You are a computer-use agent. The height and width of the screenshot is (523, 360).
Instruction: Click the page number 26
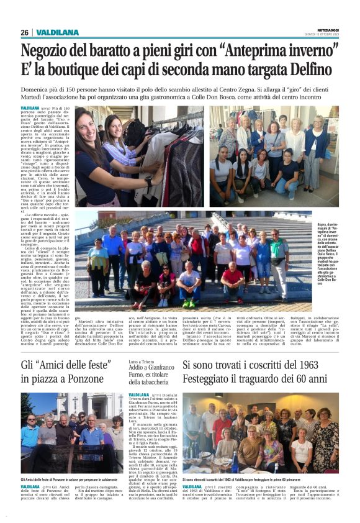(24, 32)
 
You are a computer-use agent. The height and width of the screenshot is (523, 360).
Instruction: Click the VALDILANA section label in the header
(57, 32)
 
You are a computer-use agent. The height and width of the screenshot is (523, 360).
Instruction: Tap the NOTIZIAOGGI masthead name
(325, 30)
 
